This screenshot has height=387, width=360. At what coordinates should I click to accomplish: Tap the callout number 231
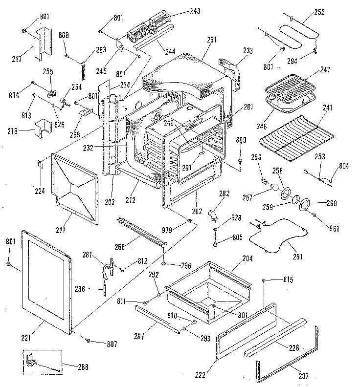tap(211, 41)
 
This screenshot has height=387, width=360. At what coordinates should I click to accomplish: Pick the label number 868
tap(64, 35)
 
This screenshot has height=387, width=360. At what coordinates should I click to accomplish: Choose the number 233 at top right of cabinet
tap(248, 50)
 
